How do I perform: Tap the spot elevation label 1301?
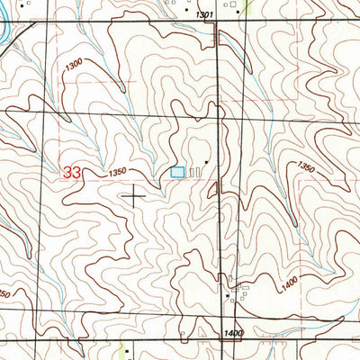point(203,15)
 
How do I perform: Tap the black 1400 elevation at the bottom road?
point(235,333)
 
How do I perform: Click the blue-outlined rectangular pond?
point(178,171)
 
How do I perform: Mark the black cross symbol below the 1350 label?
point(135,194)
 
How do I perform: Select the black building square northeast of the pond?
point(206,163)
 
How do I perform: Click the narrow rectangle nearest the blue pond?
point(191,171)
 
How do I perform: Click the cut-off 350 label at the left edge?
point(4,294)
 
